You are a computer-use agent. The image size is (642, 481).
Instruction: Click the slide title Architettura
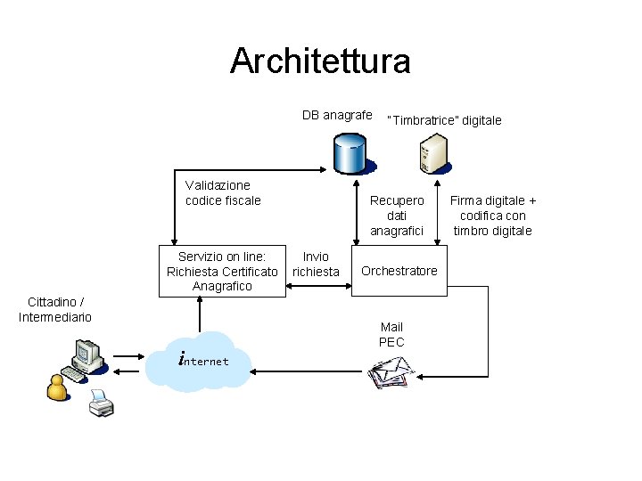point(320,61)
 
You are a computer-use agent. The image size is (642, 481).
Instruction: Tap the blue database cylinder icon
point(350,154)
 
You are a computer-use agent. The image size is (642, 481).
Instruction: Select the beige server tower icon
point(434,154)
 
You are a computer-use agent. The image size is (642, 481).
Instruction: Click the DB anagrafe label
point(337,115)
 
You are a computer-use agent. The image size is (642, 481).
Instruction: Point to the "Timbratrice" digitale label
point(444,120)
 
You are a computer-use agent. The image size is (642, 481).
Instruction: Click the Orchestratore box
point(399,271)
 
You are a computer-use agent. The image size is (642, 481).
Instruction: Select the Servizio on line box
point(222,271)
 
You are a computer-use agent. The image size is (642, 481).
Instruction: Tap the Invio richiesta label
point(316,265)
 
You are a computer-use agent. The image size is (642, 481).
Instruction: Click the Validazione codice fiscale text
point(223,193)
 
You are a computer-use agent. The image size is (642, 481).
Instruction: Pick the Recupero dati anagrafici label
point(397,216)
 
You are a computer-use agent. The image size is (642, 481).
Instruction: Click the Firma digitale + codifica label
point(493,216)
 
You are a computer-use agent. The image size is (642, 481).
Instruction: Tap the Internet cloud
point(199,362)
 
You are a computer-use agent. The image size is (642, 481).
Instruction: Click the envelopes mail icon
point(391,372)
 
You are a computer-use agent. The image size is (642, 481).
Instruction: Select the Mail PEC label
point(391,335)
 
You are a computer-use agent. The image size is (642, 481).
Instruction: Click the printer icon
point(101,404)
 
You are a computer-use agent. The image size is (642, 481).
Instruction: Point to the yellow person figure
point(57,387)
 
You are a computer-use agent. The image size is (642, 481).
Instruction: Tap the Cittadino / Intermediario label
point(55,310)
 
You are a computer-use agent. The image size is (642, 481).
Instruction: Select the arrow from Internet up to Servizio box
point(200,314)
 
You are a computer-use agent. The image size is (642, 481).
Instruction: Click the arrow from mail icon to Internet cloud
point(306,371)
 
